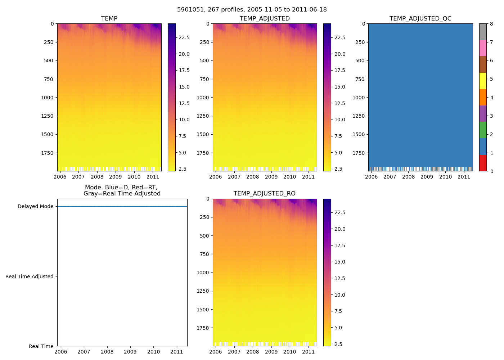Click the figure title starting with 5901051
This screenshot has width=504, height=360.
(x=252, y=10)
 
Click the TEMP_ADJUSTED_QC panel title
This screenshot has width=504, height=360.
(x=420, y=19)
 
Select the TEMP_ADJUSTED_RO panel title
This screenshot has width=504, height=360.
(x=265, y=194)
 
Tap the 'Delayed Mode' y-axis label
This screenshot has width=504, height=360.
(x=35, y=207)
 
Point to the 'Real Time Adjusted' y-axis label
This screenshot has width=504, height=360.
(x=30, y=276)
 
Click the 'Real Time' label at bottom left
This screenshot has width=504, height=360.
(x=41, y=346)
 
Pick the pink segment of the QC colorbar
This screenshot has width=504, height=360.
(x=483, y=48)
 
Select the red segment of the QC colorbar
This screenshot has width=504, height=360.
(x=483, y=163)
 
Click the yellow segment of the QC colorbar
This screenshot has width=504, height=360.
(x=483, y=81)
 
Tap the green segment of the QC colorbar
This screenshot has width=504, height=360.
(x=483, y=130)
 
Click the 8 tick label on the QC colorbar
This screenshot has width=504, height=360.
(x=491, y=24)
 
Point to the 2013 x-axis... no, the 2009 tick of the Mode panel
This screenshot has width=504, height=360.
(x=130, y=352)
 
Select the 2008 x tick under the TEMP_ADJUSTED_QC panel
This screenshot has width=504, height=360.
(x=408, y=177)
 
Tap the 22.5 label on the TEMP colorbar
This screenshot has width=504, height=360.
(x=184, y=38)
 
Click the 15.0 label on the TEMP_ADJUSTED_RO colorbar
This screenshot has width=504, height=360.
(x=340, y=262)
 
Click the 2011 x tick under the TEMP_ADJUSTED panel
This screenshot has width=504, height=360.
(x=308, y=177)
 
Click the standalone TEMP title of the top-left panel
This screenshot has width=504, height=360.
(x=109, y=19)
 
